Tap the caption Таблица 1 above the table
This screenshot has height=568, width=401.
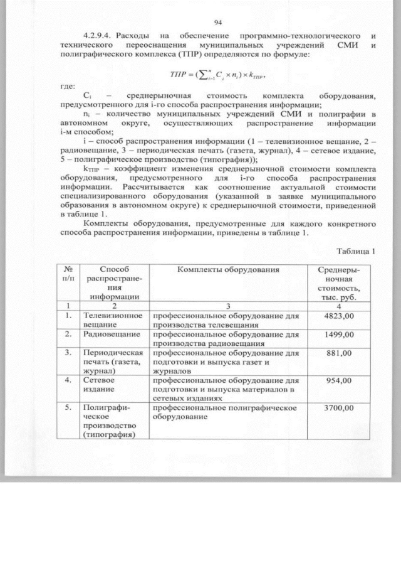[x=357, y=252]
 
